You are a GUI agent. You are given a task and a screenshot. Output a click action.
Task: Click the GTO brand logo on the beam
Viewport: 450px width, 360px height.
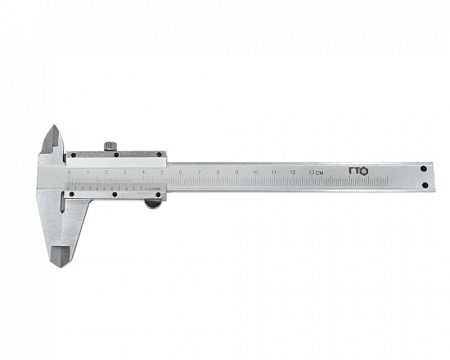click(x=359, y=171)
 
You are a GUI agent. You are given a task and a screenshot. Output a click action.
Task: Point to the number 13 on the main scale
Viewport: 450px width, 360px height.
click(x=312, y=172)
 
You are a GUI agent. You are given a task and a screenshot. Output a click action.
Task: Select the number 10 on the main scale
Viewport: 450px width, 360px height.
click(x=255, y=172)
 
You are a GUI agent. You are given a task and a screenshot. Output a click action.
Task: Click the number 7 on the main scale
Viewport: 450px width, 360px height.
click(x=199, y=172)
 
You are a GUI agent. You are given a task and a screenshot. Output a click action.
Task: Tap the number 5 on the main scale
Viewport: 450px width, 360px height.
click(x=161, y=172)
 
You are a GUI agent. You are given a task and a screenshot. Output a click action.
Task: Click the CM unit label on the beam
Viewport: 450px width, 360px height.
click(x=322, y=172)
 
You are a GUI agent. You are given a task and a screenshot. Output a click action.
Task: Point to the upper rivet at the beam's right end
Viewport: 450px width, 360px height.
click(x=424, y=169)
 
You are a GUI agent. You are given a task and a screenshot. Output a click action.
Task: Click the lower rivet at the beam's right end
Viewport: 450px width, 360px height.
click(x=424, y=187)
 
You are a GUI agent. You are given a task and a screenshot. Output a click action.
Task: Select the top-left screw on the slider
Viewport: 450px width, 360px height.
click(x=70, y=155)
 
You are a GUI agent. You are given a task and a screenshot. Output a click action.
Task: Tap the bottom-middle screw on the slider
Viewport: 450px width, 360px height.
click(x=117, y=196)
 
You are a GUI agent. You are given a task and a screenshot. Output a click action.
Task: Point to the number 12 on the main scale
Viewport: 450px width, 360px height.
click(x=293, y=172)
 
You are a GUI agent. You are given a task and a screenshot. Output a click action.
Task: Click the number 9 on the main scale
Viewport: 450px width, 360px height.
click(x=236, y=172)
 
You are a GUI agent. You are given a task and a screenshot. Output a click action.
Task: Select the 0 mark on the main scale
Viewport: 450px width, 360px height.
click(x=70, y=173)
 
